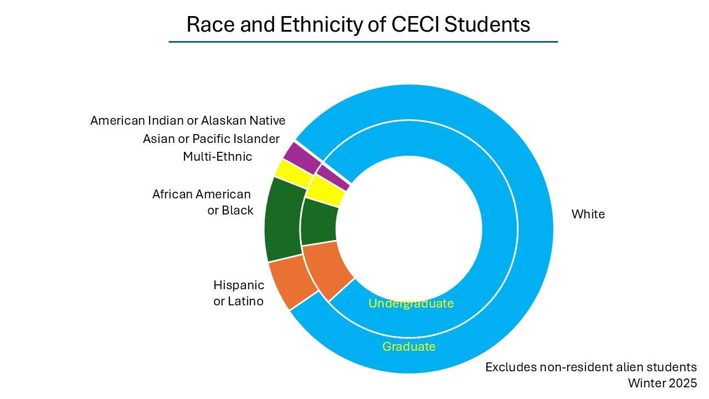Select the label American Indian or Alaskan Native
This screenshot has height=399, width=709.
click(x=188, y=120)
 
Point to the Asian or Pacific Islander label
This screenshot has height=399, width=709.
click(x=211, y=139)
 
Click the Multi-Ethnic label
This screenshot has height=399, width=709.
click(x=217, y=157)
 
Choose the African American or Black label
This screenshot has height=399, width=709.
click(x=202, y=202)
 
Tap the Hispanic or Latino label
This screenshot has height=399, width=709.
click(x=238, y=293)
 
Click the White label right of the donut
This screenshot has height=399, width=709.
click(x=588, y=214)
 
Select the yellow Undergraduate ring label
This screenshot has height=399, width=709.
click(x=410, y=303)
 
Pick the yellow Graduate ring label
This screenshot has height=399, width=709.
click(x=409, y=346)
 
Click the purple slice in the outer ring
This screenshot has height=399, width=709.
click(x=302, y=157)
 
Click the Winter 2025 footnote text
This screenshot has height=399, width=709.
click(x=662, y=383)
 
